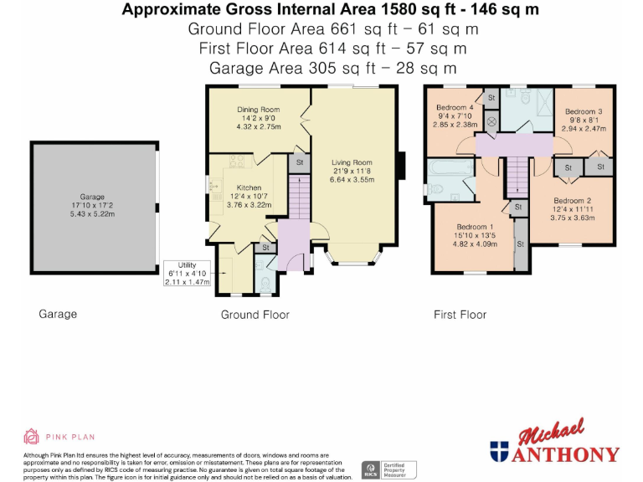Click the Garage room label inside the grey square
pos(92,197)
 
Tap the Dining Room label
pos(259,110)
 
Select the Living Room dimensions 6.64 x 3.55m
pos(352,180)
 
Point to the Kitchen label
pos(249,187)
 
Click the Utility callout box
pos(187,274)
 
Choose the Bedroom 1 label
pos(475,227)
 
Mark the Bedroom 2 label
pos(573,201)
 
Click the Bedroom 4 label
pos(455,107)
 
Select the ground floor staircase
pos(300,197)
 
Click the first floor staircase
pos(517,177)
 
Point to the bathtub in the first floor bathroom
pos(450,167)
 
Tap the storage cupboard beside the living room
pos(300,162)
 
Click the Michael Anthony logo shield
pos(499,452)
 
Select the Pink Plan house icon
pos(31,437)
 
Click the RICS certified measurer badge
pos(388,470)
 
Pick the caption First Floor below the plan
pos(460,315)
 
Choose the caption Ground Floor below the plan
pos(255,315)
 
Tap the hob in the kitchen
pos(237,161)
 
